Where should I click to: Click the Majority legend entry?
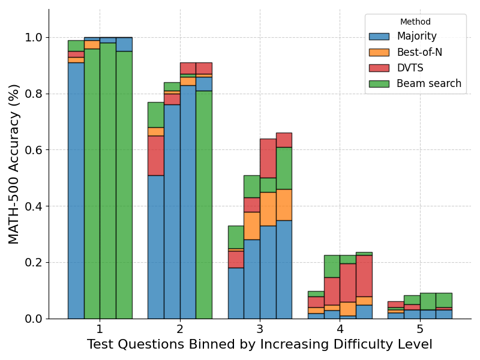coord(416,37)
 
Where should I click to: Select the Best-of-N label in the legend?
coord(419,52)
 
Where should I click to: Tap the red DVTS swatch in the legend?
coord(379,68)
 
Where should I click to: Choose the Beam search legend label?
coord(429,83)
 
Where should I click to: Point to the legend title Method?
coord(415,22)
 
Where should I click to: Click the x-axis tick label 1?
coord(100,329)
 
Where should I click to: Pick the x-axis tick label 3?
coord(260,329)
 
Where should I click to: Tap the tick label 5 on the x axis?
coord(420,329)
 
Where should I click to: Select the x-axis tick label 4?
coord(340,329)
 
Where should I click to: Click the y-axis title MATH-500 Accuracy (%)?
coord(14,164)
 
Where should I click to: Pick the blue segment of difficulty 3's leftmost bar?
coord(236,293)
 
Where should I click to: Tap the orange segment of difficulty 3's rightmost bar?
coord(284,205)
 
